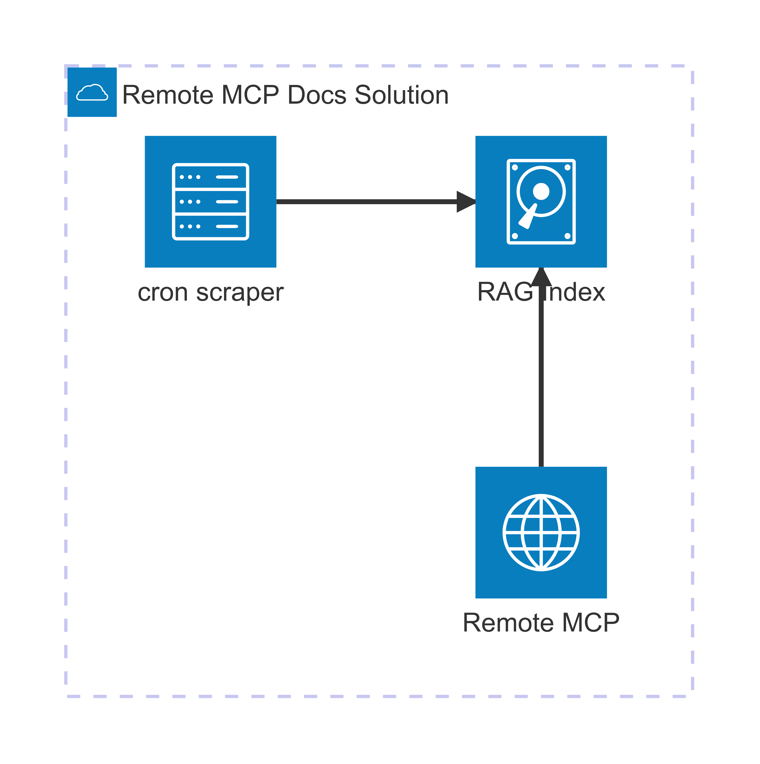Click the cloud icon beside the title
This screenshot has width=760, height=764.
[x=92, y=93]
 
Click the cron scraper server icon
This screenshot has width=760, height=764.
[x=210, y=202]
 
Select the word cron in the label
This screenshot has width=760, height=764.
[x=162, y=293]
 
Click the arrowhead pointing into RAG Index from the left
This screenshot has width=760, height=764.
[x=466, y=202]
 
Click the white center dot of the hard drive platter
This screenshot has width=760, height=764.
[x=541, y=191]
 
